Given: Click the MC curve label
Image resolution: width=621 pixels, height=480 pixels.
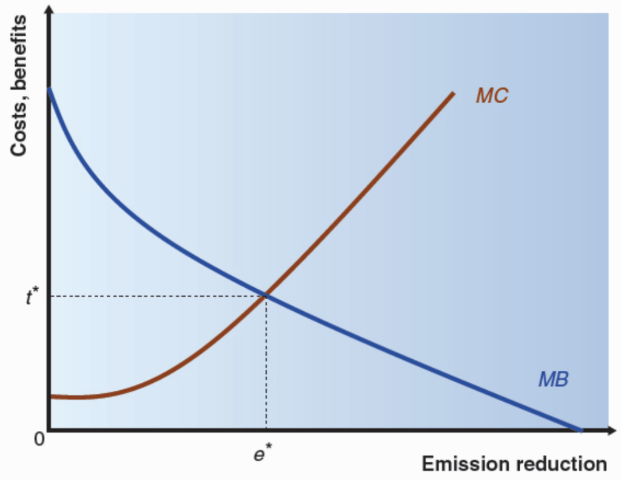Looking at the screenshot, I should point(492,96).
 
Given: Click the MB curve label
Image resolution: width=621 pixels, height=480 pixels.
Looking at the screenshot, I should point(553,380).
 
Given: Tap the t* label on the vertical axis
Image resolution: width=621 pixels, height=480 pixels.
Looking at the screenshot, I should point(33,297).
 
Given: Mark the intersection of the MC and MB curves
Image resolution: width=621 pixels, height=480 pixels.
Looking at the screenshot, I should point(266,296).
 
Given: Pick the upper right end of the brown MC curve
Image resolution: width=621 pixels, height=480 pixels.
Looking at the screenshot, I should point(452,93).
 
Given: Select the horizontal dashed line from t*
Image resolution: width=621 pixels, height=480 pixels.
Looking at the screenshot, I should point(158,296).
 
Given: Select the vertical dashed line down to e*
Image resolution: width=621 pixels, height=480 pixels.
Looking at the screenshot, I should point(266,364).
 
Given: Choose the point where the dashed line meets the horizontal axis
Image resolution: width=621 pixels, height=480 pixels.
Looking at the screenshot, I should point(266,430).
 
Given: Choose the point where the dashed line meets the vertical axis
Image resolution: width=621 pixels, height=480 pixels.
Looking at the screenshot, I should point(50,296).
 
